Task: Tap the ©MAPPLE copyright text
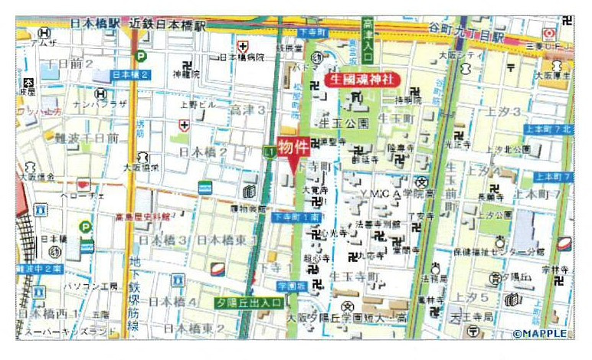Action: click(x=541, y=333)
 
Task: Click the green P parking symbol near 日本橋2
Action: click(x=140, y=55)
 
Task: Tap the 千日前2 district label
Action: click(x=69, y=64)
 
